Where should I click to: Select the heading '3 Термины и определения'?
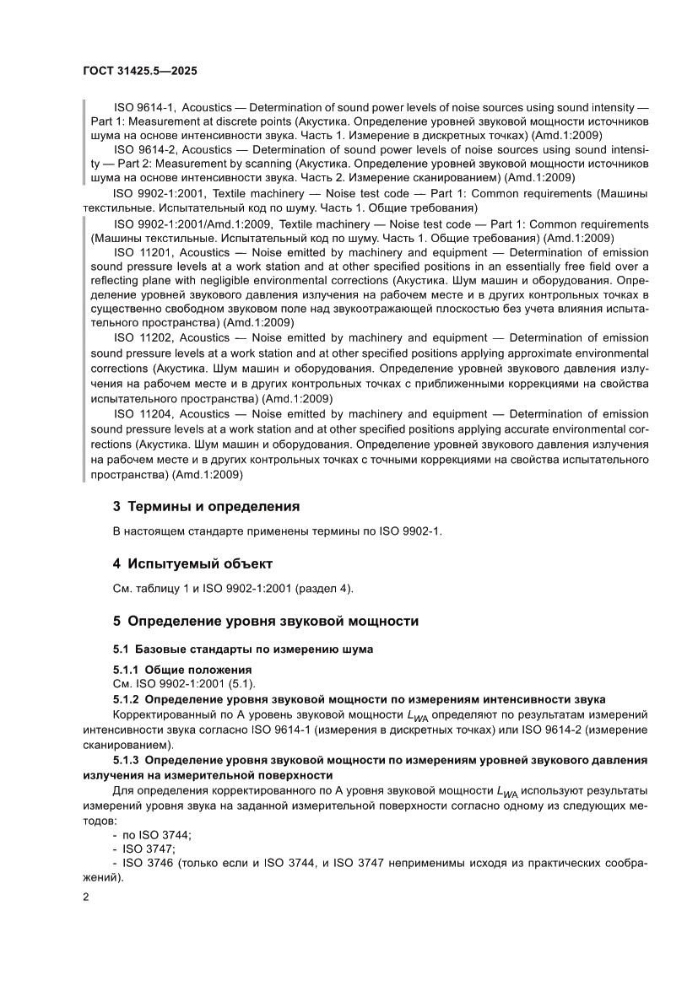click(x=207, y=507)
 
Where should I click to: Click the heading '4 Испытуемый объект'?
click(x=192, y=563)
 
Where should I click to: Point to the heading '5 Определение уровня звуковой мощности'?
click(x=266, y=621)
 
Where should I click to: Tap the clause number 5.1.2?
click(x=127, y=699)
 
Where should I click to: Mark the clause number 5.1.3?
click(x=127, y=759)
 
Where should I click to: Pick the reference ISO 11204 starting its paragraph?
click(x=144, y=414)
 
